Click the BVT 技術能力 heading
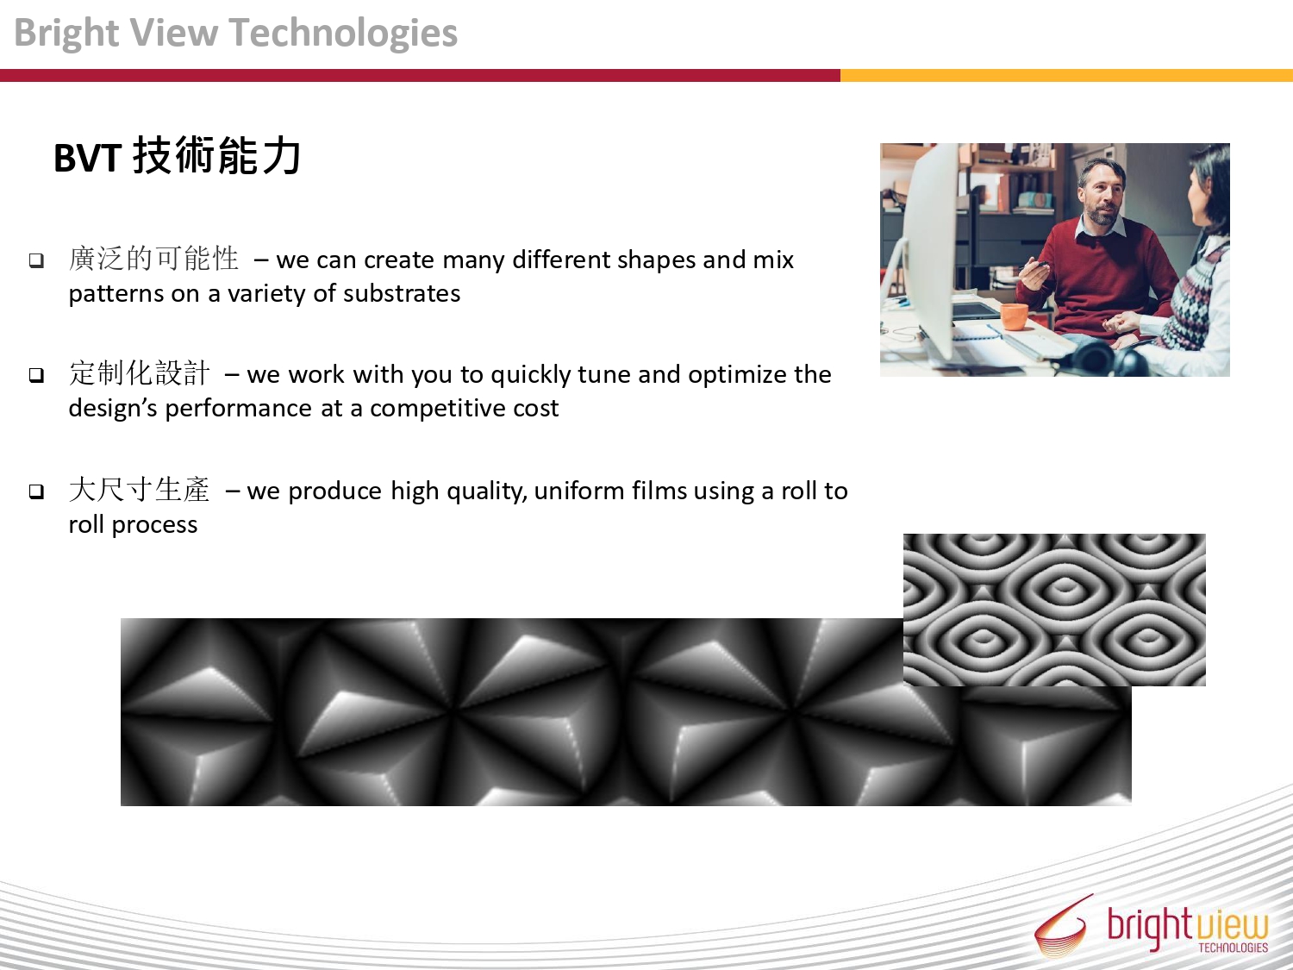coord(178,157)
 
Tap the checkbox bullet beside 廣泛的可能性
coord(36,260)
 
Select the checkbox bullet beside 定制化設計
coord(36,375)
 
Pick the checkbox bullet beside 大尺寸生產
coord(36,491)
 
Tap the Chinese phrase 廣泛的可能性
coord(153,259)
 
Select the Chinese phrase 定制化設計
coord(139,373)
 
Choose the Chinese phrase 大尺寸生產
coord(139,490)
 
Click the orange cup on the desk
coord(1014,316)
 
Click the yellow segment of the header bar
coord(1066,75)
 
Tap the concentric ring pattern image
coord(1054,610)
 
